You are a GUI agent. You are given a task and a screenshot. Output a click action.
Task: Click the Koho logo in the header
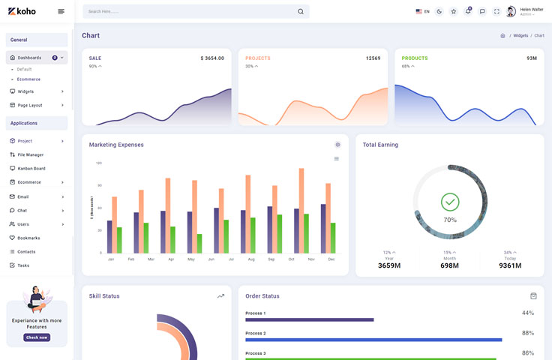pos(22,11)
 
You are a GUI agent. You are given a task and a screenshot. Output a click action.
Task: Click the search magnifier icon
pos(301,11)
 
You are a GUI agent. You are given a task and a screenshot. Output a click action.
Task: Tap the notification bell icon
pos(468,11)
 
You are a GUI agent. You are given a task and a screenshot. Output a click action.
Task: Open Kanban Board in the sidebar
pos(31,168)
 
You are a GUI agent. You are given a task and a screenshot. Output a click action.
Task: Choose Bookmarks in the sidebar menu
pos(28,238)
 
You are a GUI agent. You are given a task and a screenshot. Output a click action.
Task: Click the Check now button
pos(37,337)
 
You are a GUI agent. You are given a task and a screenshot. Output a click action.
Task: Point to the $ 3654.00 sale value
pos(212,58)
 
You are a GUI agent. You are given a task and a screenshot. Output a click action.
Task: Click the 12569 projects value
pos(373,58)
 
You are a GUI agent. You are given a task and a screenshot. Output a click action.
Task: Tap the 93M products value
pos(531,58)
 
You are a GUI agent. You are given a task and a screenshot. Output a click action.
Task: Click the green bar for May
pos(199,243)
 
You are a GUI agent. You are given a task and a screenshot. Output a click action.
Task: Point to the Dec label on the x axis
pos(331,259)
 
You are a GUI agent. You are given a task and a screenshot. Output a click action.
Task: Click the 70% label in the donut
pos(450,220)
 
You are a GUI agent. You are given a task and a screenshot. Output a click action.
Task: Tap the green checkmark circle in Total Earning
pos(450,201)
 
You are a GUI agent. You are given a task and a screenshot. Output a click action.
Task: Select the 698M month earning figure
pos(449,265)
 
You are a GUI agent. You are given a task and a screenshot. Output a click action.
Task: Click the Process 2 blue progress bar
pos(373,340)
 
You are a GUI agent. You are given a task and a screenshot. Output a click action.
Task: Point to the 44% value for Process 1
pos(527,313)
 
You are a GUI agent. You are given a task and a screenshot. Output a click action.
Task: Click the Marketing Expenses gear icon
pos(337,145)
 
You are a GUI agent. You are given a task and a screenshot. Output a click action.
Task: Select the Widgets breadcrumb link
pos(520,35)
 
